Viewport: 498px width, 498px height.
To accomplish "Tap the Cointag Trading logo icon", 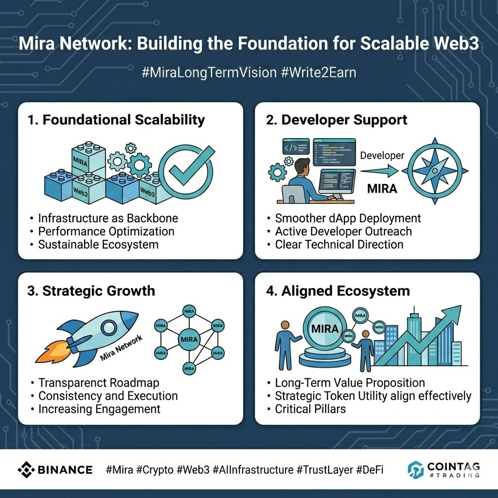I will (x=415, y=470).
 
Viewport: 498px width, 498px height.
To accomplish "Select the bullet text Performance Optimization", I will (x=106, y=231).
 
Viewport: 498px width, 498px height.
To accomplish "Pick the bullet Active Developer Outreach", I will (x=343, y=231).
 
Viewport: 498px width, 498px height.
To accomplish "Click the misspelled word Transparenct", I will (x=74, y=383).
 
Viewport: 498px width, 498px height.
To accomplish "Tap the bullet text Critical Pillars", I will (x=310, y=409).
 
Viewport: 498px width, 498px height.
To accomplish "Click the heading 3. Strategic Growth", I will (x=92, y=291).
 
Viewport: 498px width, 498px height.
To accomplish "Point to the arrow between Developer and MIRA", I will (x=380, y=171).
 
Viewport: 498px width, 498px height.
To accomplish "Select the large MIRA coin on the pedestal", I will (x=324, y=329).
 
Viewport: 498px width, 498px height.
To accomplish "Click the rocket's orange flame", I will (x=51, y=354).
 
